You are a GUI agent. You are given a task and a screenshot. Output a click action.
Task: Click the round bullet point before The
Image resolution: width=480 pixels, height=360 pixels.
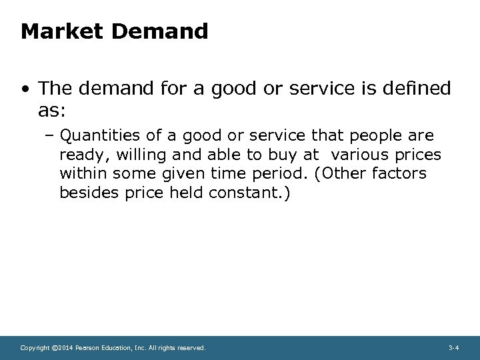tap(25, 88)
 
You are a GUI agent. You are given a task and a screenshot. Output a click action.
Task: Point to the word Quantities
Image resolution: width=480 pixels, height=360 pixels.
tap(100, 137)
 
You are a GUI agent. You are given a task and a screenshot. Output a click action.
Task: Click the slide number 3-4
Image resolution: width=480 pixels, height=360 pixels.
tap(453, 348)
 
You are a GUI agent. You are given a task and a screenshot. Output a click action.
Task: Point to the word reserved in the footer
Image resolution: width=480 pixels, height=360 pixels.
tap(191, 348)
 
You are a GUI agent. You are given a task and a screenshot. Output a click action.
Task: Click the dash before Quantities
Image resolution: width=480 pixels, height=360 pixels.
tap(51, 137)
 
